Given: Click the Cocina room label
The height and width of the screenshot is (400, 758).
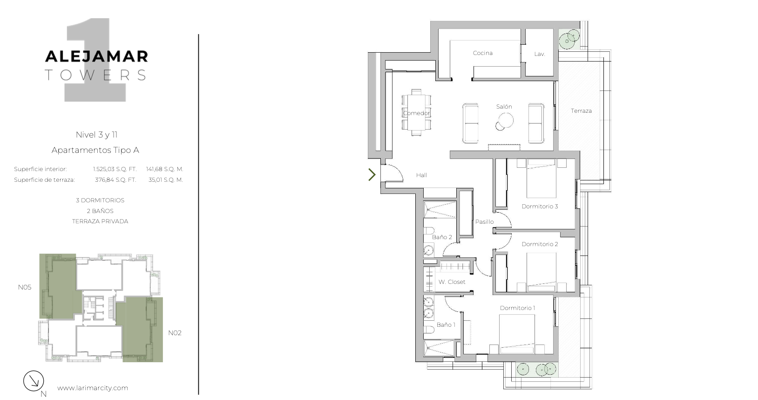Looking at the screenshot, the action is (x=482, y=53).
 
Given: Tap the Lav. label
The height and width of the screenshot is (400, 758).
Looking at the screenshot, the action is (x=539, y=54).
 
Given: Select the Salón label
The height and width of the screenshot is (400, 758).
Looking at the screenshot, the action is (x=504, y=106).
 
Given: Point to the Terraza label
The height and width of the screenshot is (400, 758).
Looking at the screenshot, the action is (x=581, y=111).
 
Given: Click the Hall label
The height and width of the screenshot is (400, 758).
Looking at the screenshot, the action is (x=421, y=175).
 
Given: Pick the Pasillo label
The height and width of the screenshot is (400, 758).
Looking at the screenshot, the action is (x=484, y=221).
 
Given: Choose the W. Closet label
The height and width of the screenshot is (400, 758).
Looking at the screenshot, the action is (x=452, y=282).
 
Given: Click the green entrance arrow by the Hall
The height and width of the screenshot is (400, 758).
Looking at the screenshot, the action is (x=372, y=175).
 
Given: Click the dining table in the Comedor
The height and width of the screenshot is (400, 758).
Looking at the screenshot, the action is (x=417, y=112).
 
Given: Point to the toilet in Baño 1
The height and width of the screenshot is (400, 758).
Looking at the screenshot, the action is (x=429, y=330).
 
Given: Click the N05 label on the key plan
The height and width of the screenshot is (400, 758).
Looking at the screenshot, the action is (x=24, y=287).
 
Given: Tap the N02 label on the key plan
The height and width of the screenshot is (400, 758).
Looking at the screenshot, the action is (x=175, y=333).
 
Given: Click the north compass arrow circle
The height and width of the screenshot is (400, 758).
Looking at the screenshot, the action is (x=34, y=381).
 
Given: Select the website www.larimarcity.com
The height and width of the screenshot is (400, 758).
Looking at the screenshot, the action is (x=93, y=388).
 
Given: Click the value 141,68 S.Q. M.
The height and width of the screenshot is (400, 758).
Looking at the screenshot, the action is (x=164, y=169).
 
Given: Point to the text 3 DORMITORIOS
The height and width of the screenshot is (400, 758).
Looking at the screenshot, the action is (x=100, y=200).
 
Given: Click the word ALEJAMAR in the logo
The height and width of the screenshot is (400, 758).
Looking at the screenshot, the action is (x=97, y=56).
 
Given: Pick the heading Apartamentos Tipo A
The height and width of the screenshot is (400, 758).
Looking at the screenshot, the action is (x=95, y=150).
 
